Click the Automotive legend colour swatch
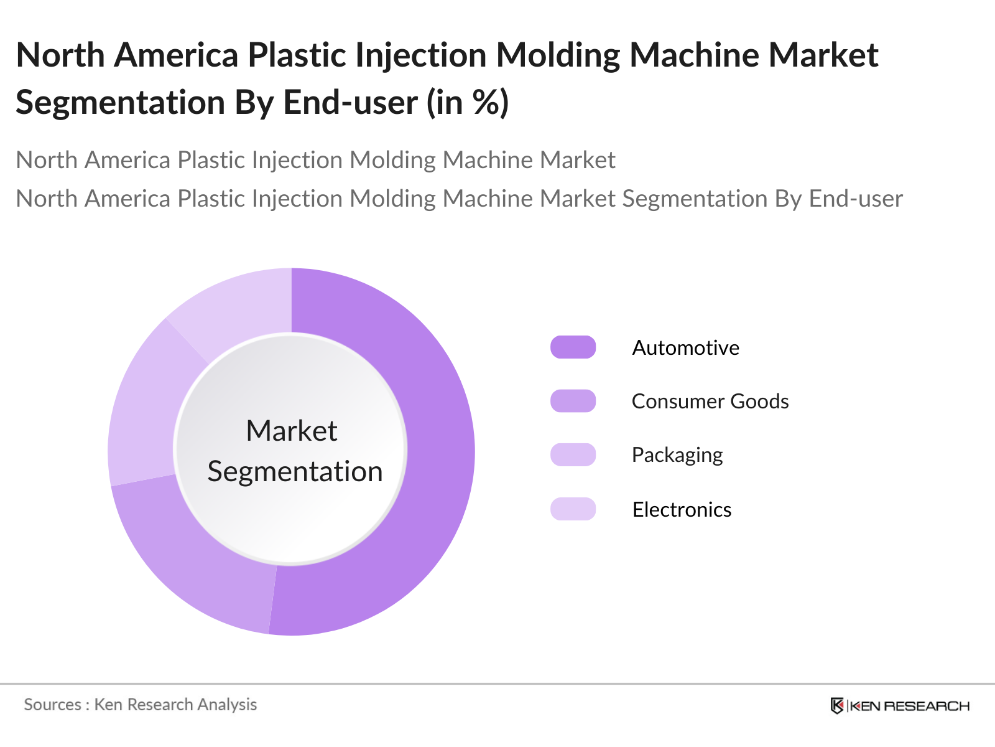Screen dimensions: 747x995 coord(573,347)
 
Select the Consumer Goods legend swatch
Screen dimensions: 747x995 coord(573,401)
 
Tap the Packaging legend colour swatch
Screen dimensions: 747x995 coord(573,455)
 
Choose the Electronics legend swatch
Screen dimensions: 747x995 coord(573,509)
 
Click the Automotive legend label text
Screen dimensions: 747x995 coord(685,347)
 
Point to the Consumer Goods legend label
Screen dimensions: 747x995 coord(710,401)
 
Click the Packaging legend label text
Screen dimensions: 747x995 coord(677,455)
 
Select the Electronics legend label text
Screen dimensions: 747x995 coord(682,509)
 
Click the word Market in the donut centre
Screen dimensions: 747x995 coord(291,431)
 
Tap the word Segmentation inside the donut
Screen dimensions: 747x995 coord(295,471)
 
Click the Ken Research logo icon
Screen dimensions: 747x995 coord(837,705)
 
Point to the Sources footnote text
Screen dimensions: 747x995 coord(140,705)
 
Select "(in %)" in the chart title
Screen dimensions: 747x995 coord(468,103)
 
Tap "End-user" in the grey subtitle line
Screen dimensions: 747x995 coord(856,199)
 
